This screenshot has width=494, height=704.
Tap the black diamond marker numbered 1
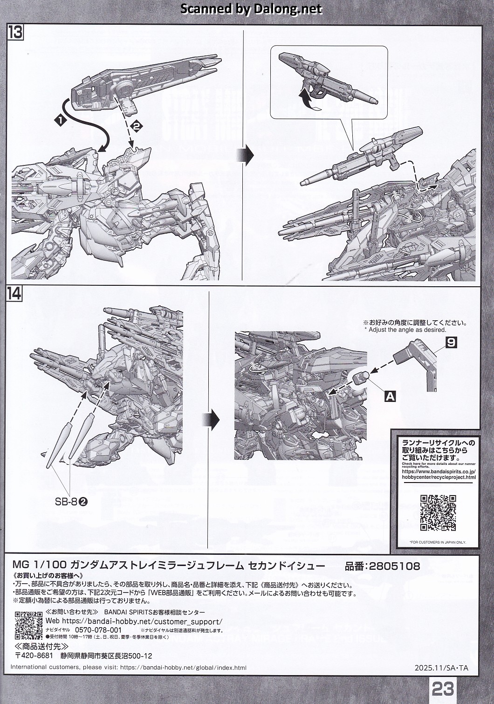coord(60,120)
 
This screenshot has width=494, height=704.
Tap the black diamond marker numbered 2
coord(136,125)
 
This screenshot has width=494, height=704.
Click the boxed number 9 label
coord(451,343)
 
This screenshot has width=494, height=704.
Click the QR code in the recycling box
coord(438,513)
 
